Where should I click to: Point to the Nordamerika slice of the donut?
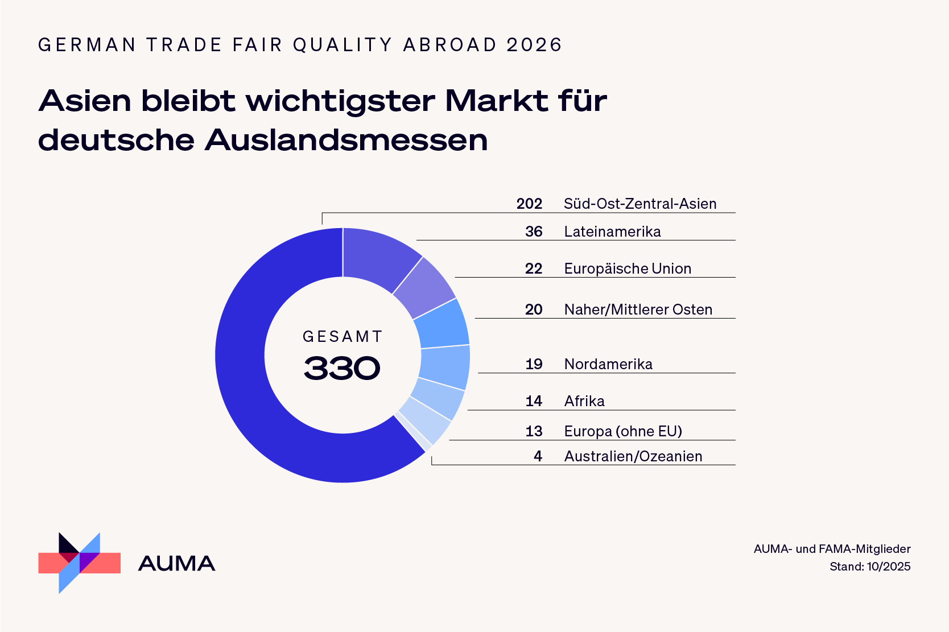pyautogui.click(x=445, y=367)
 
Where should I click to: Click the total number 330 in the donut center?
pyautogui.click(x=342, y=369)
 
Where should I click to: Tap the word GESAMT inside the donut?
pyautogui.click(x=343, y=337)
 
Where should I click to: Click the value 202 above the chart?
pyautogui.click(x=529, y=204)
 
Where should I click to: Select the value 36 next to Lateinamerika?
pyautogui.click(x=534, y=232)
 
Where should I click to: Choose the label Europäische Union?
pyautogui.click(x=628, y=269)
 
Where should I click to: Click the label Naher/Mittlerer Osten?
pyautogui.click(x=638, y=309)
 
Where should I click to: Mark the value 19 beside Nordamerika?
pyautogui.click(x=534, y=364)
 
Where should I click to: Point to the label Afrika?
pyautogui.click(x=584, y=401)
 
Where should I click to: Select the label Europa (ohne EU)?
pyautogui.click(x=623, y=431)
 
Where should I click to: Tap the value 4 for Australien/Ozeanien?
pyautogui.click(x=538, y=456)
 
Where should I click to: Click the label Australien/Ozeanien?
pyautogui.click(x=633, y=456)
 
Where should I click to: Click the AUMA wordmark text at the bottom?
pyautogui.click(x=176, y=564)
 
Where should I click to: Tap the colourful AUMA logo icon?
pyautogui.click(x=79, y=563)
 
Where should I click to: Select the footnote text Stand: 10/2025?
pyautogui.click(x=870, y=567)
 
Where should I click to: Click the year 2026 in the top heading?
pyautogui.click(x=534, y=45)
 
